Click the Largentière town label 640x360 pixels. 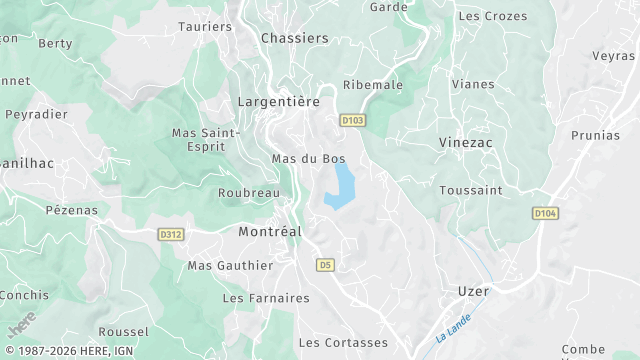[x=277, y=102]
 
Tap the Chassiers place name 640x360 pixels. [x=294, y=38]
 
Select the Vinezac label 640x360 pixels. [x=465, y=143]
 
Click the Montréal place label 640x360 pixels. [x=270, y=231]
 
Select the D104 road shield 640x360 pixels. [x=544, y=213]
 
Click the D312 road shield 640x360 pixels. [x=171, y=235]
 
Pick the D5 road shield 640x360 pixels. [x=324, y=265]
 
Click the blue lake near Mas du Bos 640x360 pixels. [x=341, y=187]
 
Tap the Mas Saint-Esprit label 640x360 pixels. [x=206, y=139]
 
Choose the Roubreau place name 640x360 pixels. [x=248, y=194]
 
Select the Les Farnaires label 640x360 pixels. [x=266, y=298]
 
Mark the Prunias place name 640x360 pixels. [x=595, y=135]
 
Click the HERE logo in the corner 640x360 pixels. [x=21, y=325]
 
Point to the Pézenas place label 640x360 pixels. [x=72, y=210]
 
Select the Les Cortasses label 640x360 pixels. [x=343, y=343]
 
